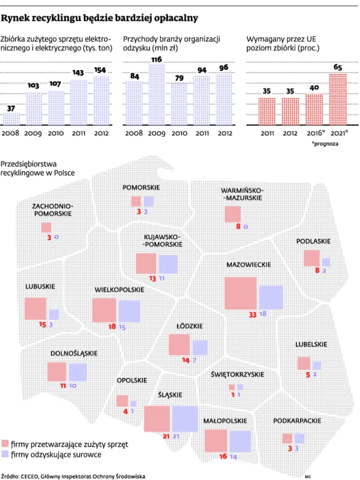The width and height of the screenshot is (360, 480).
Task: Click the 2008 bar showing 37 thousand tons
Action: coord(11,119)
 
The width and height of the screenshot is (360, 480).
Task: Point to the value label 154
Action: coord(101,70)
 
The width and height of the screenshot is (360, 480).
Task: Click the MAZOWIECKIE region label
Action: coord(249,264)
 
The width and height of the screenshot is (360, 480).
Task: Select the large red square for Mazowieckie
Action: coord(241,293)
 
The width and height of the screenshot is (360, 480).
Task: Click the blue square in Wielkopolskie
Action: coord(129,311)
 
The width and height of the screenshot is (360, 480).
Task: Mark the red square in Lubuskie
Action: coord(35,309)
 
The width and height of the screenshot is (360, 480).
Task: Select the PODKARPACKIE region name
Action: coord(294,421)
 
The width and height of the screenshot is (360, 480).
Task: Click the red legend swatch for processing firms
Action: coord(6,444)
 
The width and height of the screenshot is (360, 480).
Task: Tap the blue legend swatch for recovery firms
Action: coord(6,455)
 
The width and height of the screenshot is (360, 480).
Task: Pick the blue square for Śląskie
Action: coord(185,419)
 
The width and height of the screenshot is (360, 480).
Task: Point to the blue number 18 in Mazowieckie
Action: coord(263,314)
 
